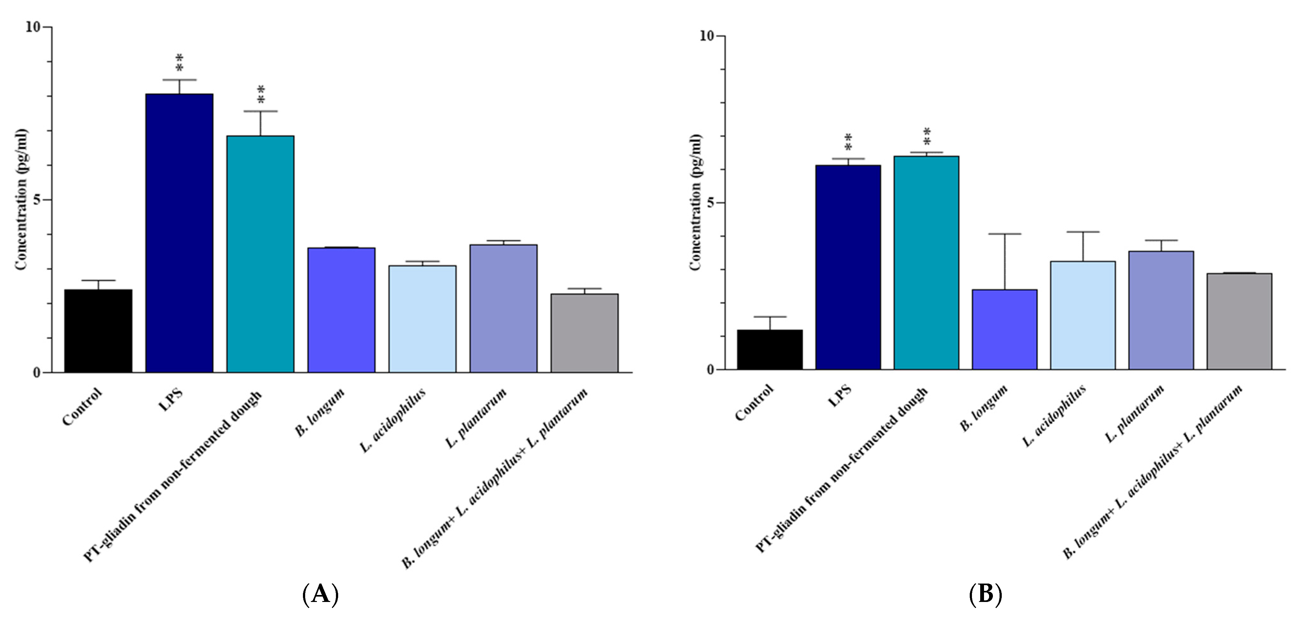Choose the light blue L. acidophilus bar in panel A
point(422,319)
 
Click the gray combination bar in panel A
point(584,333)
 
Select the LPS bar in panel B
point(848,268)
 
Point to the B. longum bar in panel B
point(1005,329)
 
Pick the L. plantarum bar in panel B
point(1161,310)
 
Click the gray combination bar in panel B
point(1239,321)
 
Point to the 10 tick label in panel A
point(32,27)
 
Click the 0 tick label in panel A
point(36,373)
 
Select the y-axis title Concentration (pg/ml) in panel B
point(695,202)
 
